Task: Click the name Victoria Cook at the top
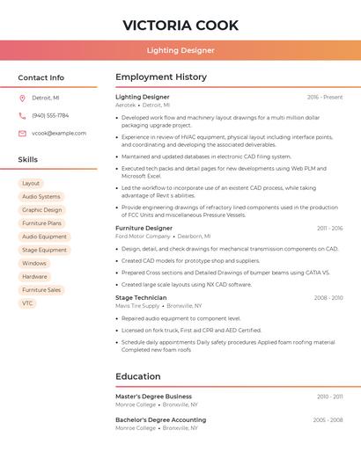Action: click(x=180, y=25)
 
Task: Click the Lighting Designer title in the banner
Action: click(x=180, y=50)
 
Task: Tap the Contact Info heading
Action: click(x=41, y=77)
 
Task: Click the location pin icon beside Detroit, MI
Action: click(x=22, y=98)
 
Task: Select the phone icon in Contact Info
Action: click(x=22, y=115)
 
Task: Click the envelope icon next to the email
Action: click(x=22, y=134)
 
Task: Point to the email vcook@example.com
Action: click(x=59, y=134)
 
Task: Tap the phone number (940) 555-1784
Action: click(x=50, y=115)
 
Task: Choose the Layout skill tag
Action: click(x=31, y=183)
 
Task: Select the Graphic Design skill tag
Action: click(x=41, y=210)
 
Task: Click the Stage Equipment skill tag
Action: click(x=44, y=250)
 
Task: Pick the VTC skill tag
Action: click(x=28, y=303)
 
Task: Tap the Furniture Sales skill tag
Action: click(x=41, y=290)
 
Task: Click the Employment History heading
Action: click(x=161, y=77)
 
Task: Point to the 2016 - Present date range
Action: click(x=325, y=97)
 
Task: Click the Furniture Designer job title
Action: click(x=144, y=228)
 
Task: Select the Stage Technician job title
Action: click(x=141, y=297)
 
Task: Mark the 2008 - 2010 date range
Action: click(x=328, y=298)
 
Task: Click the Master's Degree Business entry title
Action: click(x=153, y=397)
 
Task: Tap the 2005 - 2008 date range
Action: click(x=328, y=420)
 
